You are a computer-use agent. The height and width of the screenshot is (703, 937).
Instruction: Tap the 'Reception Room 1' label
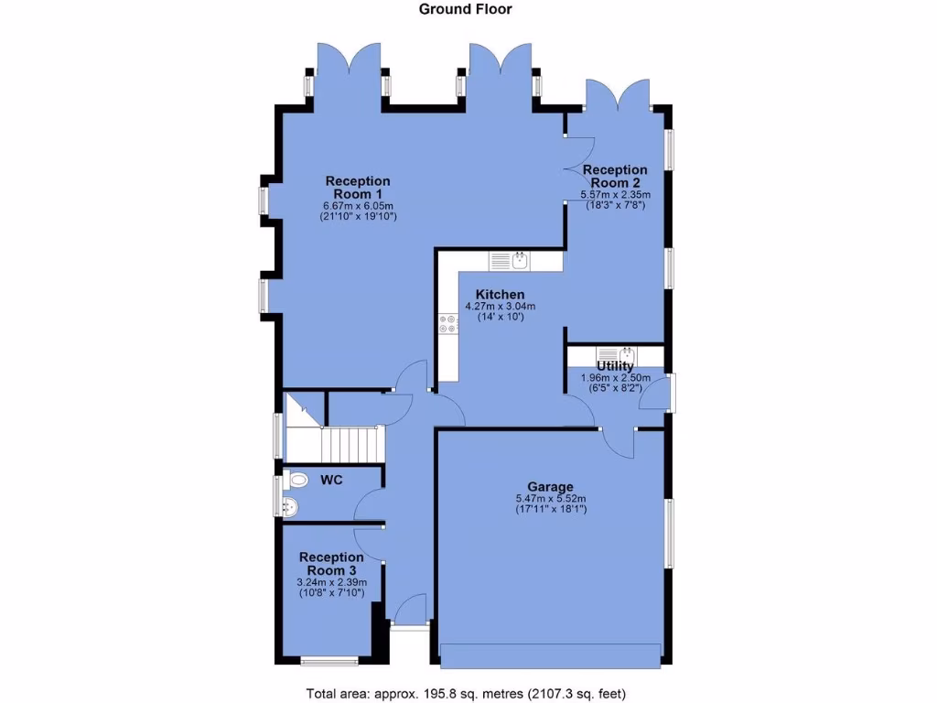[357, 188]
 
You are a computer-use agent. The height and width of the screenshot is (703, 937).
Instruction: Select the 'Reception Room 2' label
[615, 176]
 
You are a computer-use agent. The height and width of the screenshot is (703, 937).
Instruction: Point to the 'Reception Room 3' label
[331, 564]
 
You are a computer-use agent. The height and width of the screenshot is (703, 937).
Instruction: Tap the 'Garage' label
[550, 486]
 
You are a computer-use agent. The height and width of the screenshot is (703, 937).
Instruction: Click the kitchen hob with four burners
[448, 323]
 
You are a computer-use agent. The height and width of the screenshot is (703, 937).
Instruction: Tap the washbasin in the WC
[291, 507]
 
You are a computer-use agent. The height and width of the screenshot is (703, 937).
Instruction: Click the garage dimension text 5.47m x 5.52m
[550, 498]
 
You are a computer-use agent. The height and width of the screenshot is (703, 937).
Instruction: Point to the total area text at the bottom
[465, 692]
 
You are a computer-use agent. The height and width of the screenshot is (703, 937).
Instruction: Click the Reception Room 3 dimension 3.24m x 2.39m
[331, 582]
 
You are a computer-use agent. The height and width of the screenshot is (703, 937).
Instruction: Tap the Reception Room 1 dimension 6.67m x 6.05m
[357, 206]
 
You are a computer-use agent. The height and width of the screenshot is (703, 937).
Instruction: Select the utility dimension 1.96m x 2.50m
[615, 377]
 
